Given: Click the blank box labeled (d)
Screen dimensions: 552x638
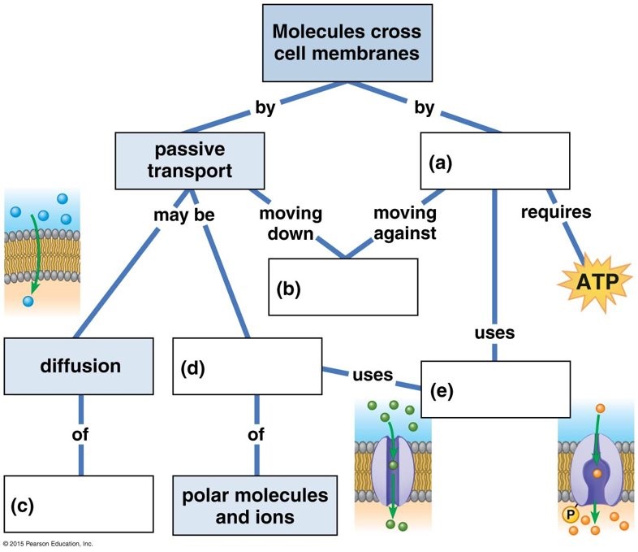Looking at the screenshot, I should pyautogui.click(x=247, y=366).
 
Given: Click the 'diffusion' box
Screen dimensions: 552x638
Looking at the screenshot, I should pyautogui.click(x=80, y=366).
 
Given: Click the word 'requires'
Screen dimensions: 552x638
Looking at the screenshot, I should pyautogui.click(x=557, y=214).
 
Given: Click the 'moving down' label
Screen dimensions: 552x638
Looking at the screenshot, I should pyautogui.click(x=290, y=224).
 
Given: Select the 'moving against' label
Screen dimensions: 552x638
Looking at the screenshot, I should pyautogui.click(x=404, y=224).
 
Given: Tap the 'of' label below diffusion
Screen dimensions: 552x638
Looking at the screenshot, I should pyautogui.click(x=80, y=435).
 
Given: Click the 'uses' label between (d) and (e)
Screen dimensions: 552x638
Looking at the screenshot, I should pyautogui.click(x=373, y=376).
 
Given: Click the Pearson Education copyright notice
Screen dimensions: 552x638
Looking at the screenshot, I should pyautogui.click(x=49, y=543).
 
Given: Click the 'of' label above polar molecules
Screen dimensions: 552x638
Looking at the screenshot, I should pyautogui.click(x=256, y=435).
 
